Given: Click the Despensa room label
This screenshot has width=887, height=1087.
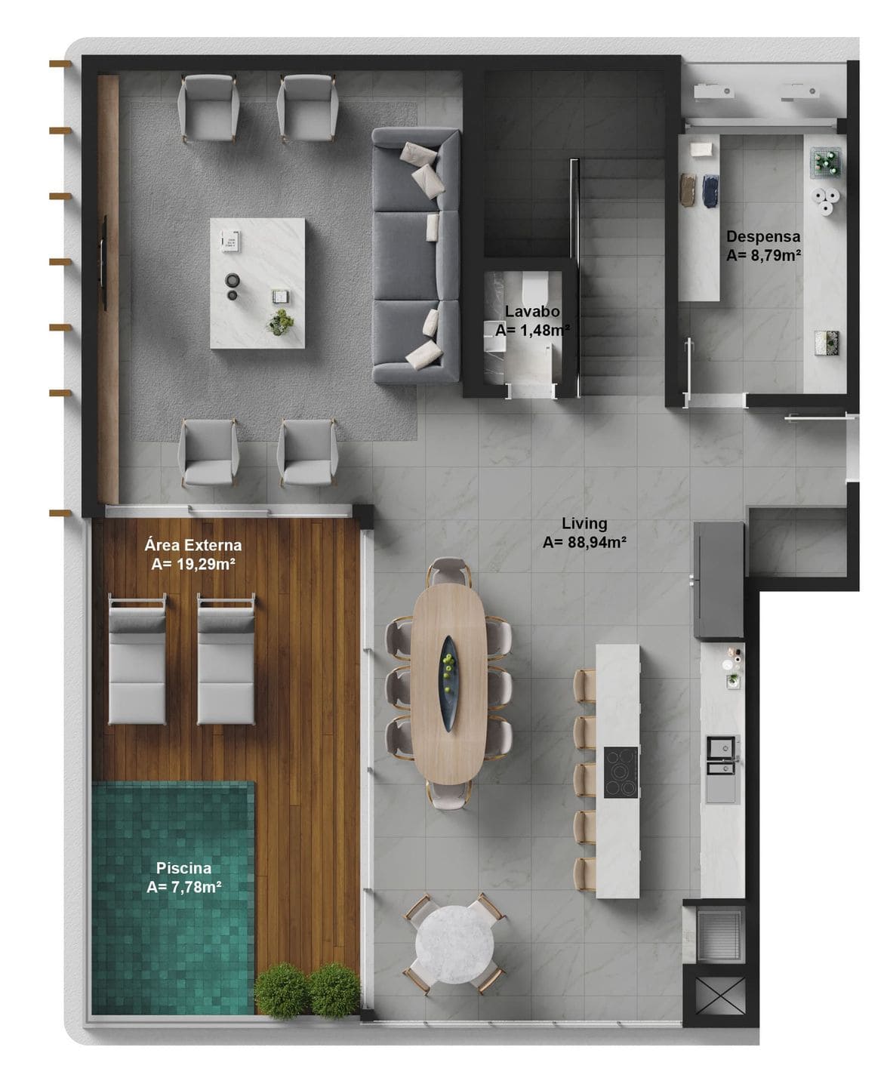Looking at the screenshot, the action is tap(762, 236).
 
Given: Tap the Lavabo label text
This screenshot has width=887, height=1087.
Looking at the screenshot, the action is tap(532, 311).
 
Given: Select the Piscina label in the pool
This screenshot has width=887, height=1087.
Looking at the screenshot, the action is tap(184, 868).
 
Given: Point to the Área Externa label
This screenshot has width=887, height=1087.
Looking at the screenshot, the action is tap(192, 545).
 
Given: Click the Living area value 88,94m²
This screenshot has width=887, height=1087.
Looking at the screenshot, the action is tap(597, 542).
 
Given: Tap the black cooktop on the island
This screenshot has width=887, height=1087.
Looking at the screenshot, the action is tap(621, 772).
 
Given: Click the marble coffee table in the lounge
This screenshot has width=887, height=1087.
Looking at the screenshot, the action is tap(257, 283).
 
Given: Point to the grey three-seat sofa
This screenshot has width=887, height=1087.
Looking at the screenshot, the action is tap(415, 255).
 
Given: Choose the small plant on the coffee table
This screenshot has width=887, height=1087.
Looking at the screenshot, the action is tap(280, 322).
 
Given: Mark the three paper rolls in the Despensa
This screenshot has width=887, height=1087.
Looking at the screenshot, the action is tap(825, 201).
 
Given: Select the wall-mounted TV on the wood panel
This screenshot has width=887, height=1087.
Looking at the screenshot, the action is tap(103, 263).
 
